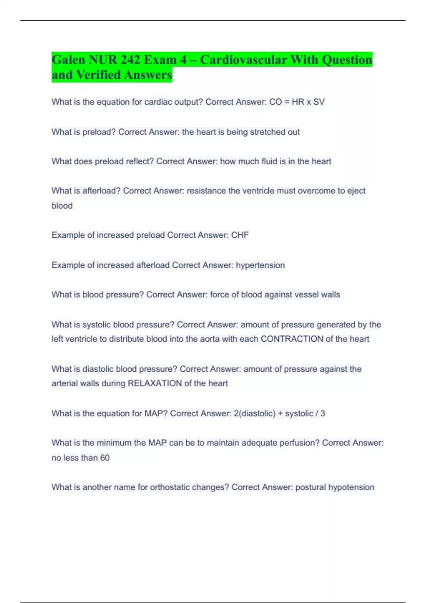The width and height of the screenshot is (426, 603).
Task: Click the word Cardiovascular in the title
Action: coord(243,60)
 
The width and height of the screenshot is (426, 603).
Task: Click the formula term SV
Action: coord(319,102)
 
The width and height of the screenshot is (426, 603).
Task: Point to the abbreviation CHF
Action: coord(240,235)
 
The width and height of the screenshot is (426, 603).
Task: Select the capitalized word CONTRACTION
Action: coord(292,339)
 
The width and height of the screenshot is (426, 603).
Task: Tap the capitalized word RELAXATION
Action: coord(155,383)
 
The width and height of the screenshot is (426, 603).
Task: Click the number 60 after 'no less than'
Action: coord(105,458)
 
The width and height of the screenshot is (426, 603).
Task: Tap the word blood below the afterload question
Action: coord(62,206)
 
